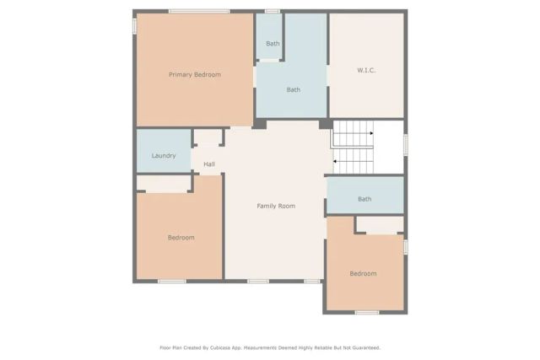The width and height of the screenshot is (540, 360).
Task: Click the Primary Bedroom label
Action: click(x=195, y=75)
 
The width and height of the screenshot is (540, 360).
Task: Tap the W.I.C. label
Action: click(x=366, y=70)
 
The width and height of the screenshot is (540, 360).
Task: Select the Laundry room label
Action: click(x=164, y=156)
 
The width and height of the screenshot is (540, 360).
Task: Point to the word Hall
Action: click(x=208, y=164)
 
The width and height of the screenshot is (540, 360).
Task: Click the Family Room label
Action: click(x=276, y=206)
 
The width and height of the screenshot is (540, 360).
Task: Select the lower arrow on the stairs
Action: click(x=354, y=160)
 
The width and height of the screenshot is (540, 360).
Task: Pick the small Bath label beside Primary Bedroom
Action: click(x=273, y=44)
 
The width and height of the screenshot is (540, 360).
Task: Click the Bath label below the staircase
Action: click(x=364, y=200)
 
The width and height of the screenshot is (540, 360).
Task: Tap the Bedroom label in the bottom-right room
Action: click(x=363, y=274)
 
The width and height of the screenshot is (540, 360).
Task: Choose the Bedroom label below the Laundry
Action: click(x=181, y=238)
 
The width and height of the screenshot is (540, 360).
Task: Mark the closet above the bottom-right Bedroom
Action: click(x=380, y=224)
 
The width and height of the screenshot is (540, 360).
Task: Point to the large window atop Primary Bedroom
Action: click(x=198, y=11)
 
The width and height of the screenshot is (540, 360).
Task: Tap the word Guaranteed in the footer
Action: click(x=362, y=347)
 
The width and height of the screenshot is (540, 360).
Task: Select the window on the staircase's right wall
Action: click(x=406, y=144)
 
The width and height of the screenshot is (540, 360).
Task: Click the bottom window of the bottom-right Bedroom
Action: click(x=367, y=313)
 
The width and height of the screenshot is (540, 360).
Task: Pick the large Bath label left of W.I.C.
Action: click(x=293, y=90)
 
